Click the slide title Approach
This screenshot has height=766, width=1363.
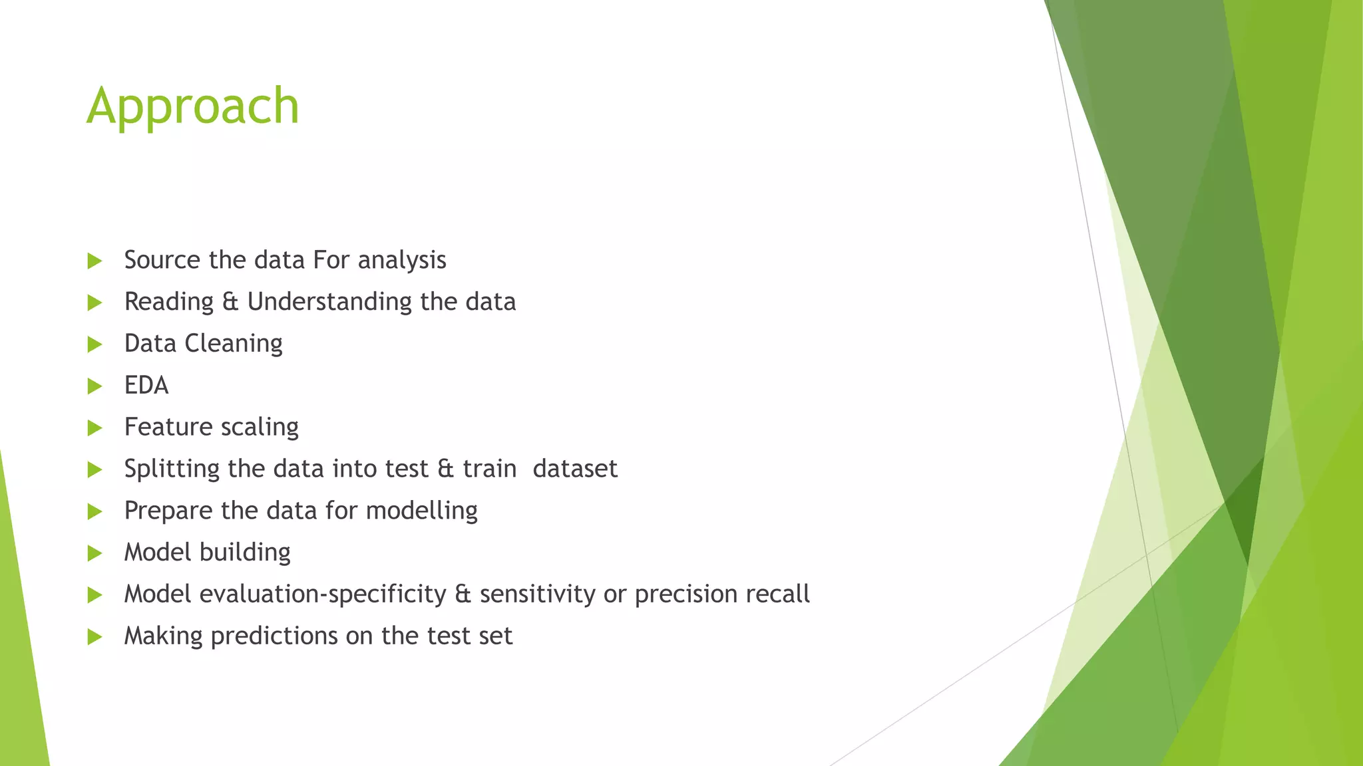click(x=193, y=106)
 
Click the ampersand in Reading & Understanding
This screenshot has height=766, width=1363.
click(x=230, y=302)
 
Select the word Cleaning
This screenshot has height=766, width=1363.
click(x=233, y=344)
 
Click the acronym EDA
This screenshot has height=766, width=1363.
click(x=146, y=386)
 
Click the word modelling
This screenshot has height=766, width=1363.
click(x=421, y=511)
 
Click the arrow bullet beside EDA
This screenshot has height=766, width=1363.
click(x=95, y=386)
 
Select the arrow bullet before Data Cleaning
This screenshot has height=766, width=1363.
click(x=95, y=344)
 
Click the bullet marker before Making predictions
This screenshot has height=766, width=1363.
click(x=95, y=637)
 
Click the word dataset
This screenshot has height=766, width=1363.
click(x=575, y=469)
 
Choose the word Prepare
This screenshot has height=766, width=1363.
click(x=168, y=511)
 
